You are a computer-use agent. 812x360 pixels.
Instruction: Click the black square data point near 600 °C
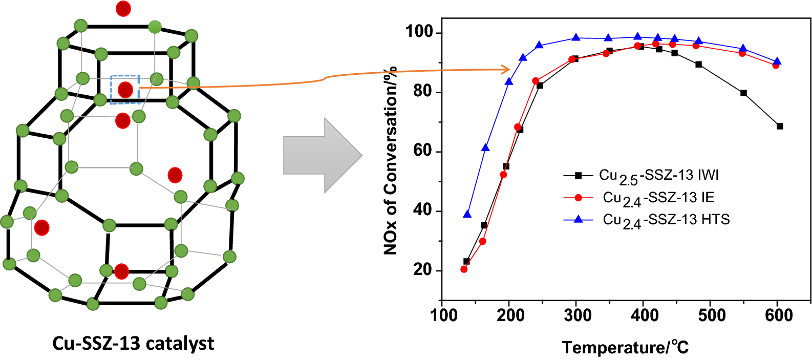780,126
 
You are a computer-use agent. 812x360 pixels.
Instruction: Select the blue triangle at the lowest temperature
467,214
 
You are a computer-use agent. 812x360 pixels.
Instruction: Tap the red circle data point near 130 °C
464,269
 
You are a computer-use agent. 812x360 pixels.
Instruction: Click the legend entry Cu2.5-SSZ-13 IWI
658,176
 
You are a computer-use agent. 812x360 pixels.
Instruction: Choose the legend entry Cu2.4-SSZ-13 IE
658,198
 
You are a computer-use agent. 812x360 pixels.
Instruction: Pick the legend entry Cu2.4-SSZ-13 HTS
666,220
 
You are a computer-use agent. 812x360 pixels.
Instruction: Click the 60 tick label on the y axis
423,152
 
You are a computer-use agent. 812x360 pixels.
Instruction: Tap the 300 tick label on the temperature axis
577,315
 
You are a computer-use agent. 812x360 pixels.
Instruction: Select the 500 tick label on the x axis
712,315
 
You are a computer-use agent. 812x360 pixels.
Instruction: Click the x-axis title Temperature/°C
625,347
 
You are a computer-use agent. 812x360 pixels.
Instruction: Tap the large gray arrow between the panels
323,155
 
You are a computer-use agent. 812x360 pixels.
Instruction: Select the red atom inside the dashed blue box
125,90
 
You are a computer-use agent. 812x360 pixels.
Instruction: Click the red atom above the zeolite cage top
123,9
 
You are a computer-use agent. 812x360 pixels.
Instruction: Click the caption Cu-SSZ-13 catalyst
133,343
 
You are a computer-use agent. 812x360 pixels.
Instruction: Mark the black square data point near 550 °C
743,93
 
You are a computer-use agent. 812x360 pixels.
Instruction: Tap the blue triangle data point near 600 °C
777,61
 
